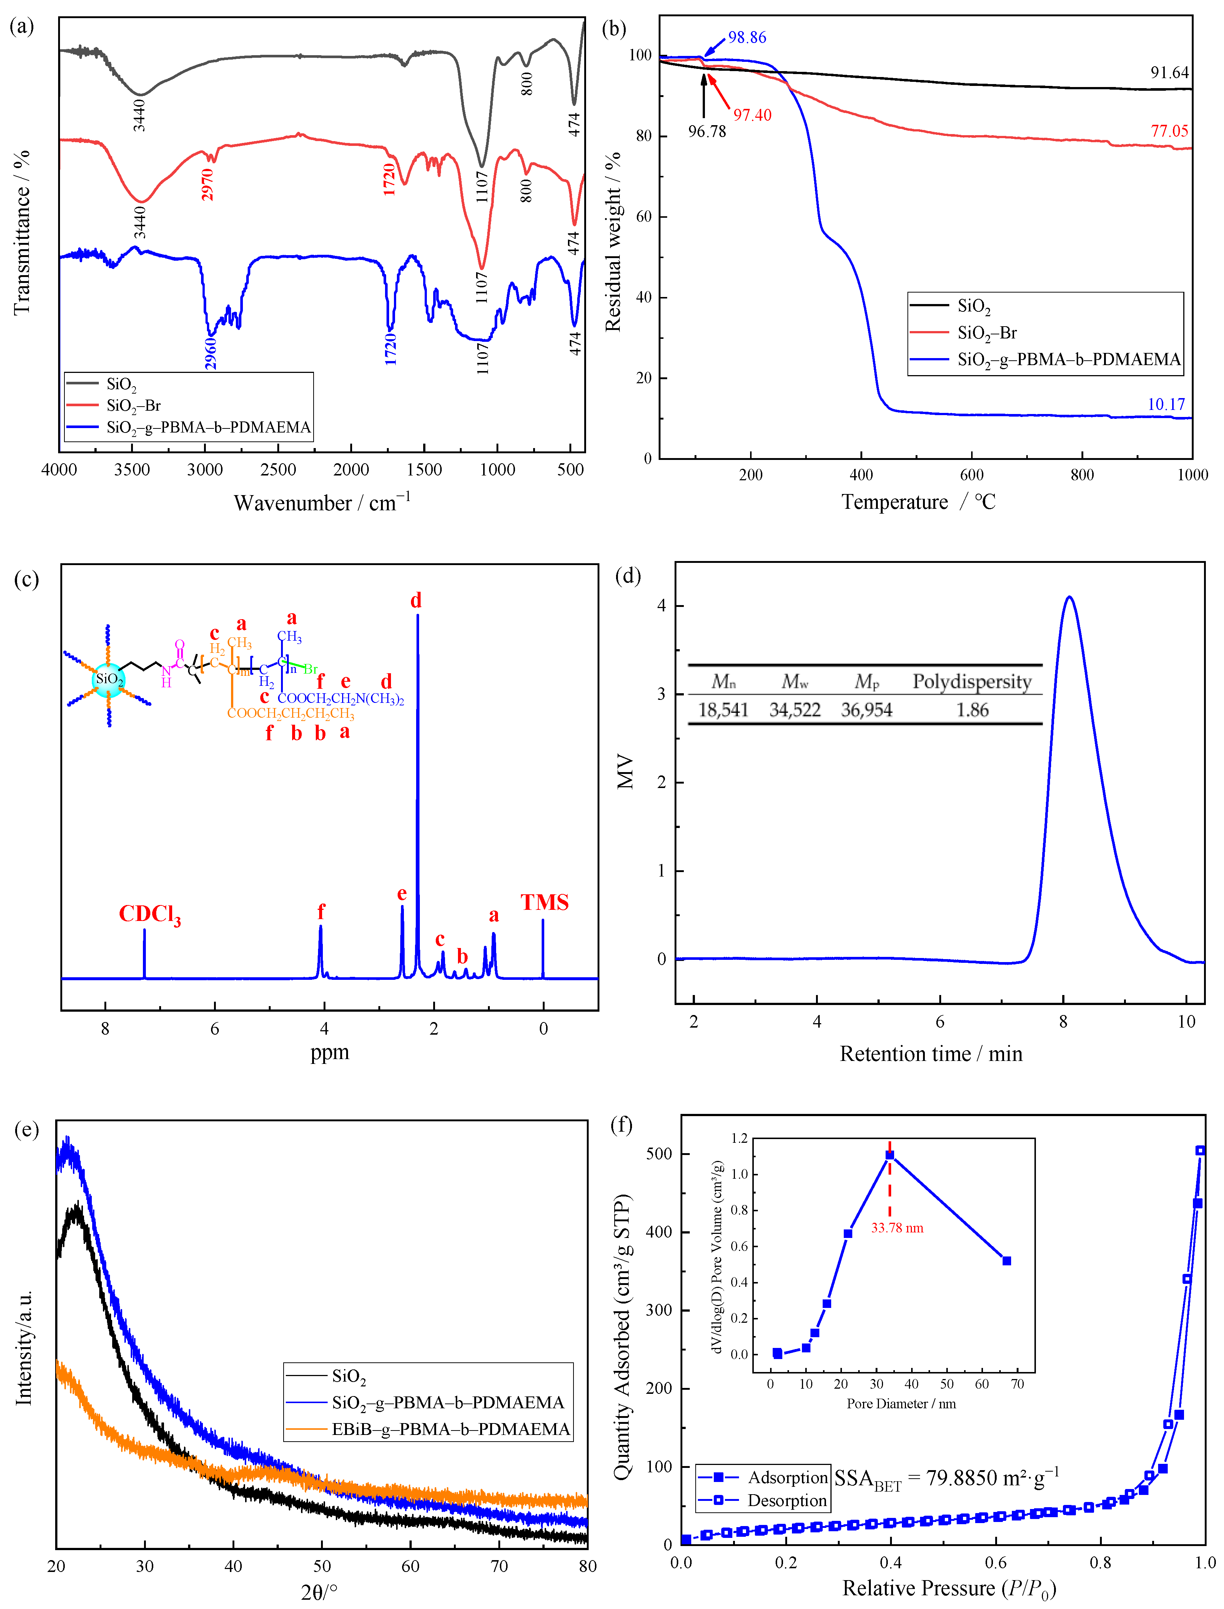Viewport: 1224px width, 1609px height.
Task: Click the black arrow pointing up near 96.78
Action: click(x=704, y=95)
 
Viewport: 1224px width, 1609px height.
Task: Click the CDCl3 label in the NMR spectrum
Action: click(x=149, y=915)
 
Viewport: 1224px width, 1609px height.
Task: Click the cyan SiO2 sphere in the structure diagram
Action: click(x=108, y=679)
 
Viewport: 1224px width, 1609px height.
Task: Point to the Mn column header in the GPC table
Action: click(x=723, y=682)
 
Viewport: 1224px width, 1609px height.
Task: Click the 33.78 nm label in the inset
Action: click(x=897, y=1228)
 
